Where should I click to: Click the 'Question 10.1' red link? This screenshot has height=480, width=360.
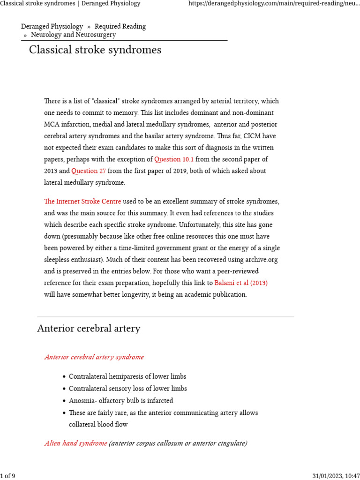click(174, 159)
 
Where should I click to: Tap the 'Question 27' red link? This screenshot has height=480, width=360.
click(89, 171)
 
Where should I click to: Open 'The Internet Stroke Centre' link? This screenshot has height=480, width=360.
click(82, 202)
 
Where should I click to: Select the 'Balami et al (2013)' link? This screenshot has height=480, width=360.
click(241, 283)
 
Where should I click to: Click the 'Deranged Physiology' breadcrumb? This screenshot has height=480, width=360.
click(52, 27)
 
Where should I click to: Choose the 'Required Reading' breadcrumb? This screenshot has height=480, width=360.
click(120, 27)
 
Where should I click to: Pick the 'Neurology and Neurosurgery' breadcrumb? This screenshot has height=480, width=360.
click(73, 35)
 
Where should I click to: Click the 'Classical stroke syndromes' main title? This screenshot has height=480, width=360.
click(95, 50)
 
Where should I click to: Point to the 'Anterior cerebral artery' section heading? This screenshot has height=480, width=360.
click(89, 329)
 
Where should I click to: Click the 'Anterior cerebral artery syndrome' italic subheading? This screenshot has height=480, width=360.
click(94, 357)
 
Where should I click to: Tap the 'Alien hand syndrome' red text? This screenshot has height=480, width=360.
click(75, 443)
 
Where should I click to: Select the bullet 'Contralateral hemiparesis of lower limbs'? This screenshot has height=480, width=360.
click(127, 377)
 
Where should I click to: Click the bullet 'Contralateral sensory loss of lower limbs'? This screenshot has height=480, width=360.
click(127, 389)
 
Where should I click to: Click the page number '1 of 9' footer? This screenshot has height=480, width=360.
click(8, 476)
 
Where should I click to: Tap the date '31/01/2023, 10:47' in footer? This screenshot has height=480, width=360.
click(336, 476)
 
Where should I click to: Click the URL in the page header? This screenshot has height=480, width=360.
click(274, 4)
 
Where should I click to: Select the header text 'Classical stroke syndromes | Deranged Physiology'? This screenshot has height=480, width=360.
click(70, 4)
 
